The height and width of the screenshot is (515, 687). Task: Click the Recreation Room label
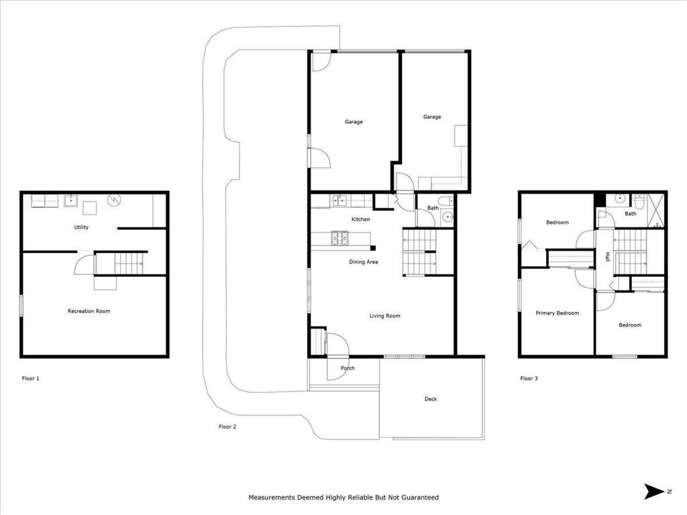point(89,311)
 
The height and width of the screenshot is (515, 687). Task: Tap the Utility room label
point(81,227)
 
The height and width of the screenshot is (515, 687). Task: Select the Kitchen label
point(361,219)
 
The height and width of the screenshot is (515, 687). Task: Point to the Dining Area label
point(363,262)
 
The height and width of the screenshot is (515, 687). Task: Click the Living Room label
point(385,316)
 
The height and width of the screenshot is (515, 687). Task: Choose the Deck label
point(431,399)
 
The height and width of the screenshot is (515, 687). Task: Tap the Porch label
point(348,368)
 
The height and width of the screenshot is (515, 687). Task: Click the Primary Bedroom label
point(557,313)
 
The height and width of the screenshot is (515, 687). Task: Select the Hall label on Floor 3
point(608,257)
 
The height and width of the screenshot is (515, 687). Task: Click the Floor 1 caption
point(31,378)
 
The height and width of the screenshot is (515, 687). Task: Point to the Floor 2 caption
point(227,426)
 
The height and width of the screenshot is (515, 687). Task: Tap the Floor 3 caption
point(529,378)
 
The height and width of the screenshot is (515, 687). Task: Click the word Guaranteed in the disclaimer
point(419,498)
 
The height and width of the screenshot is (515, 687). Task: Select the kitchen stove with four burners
point(339,236)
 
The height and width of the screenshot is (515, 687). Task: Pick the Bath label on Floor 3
point(631,214)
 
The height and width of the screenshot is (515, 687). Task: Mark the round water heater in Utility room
point(113,199)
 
